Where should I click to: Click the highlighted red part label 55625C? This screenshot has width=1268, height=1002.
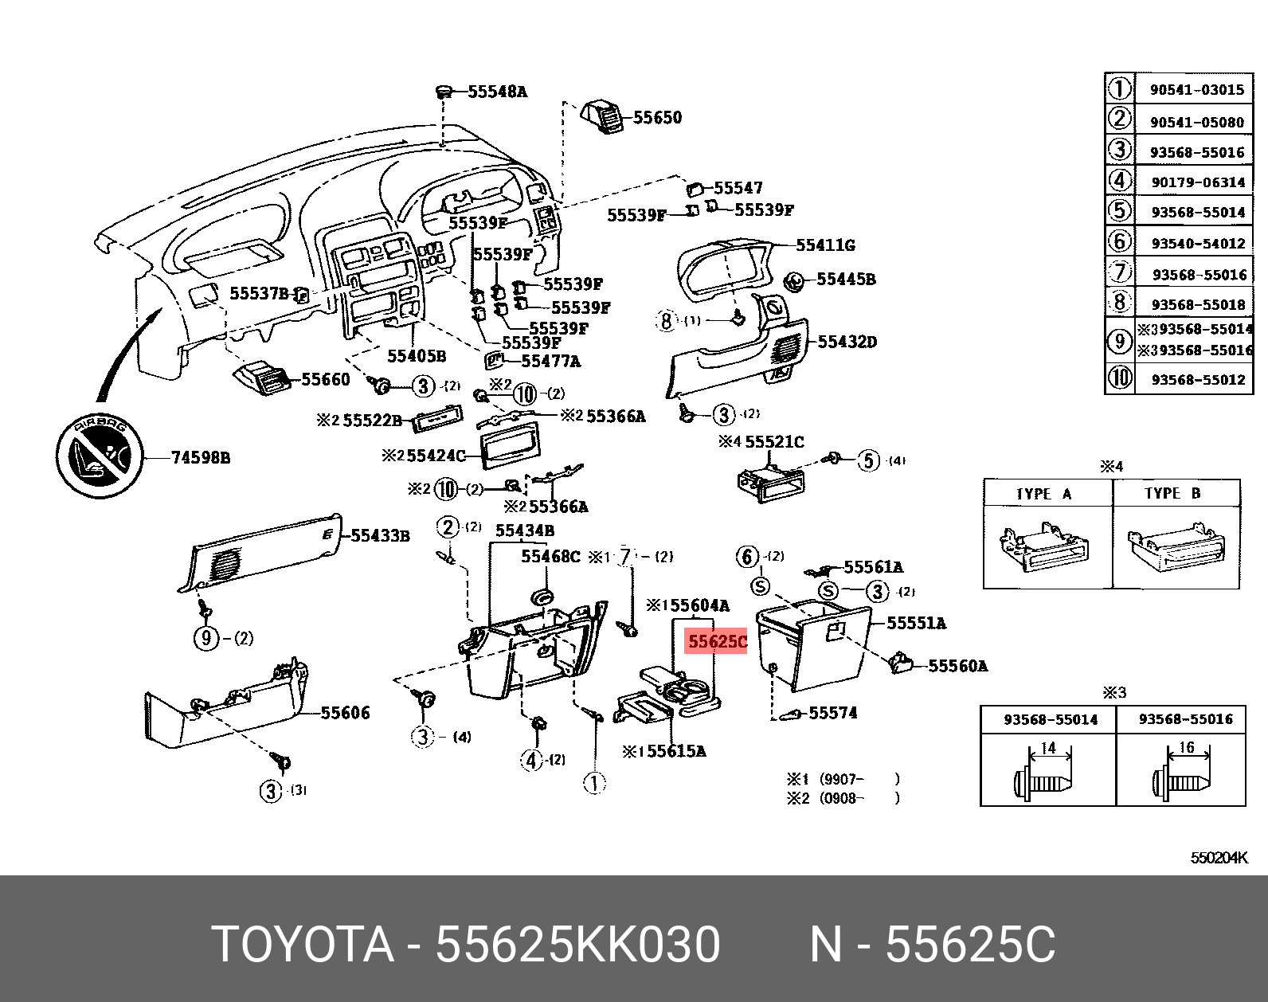pyautogui.click(x=717, y=641)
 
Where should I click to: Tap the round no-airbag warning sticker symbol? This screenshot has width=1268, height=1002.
pyautogui.click(x=100, y=457)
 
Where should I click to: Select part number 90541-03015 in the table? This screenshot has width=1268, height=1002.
pyautogui.click(x=1196, y=90)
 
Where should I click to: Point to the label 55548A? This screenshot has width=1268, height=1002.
pyautogui.click(x=497, y=92)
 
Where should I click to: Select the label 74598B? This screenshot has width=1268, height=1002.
pyautogui.click(x=201, y=457)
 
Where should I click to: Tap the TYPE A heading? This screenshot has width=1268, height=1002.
pyautogui.click(x=1044, y=494)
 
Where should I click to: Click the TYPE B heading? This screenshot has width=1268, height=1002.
pyautogui.click(x=1172, y=493)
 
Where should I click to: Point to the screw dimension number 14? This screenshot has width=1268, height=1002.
pyautogui.click(x=1048, y=748)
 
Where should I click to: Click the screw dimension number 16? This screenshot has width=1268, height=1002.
pyautogui.click(x=1187, y=747)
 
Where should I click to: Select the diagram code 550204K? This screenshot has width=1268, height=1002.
pyautogui.click(x=1219, y=858)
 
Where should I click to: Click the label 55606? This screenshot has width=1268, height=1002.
pyautogui.click(x=345, y=713)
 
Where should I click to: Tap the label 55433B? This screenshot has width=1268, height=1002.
pyautogui.click(x=380, y=536)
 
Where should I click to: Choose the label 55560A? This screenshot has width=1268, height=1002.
pyautogui.click(x=957, y=666)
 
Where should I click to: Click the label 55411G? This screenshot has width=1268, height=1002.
pyautogui.click(x=825, y=245)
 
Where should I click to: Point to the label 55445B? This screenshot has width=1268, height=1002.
pyautogui.click(x=846, y=280)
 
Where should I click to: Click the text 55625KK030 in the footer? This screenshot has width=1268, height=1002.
pyautogui.click(x=577, y=945)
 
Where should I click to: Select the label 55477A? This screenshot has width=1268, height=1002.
pyautogui.click(x=550, y=362)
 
